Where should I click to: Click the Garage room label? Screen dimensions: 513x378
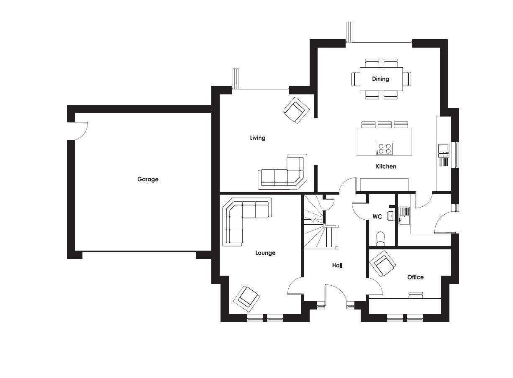(x=148, y=179)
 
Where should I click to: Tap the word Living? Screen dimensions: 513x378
(x=257, y=138)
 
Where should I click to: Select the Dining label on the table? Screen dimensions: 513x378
(x=380, y=79)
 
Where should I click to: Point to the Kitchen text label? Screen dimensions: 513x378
(x=386, y=166)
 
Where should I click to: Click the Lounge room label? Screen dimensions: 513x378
(x=265, y=253)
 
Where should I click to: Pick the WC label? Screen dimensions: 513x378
(x=377, y=217)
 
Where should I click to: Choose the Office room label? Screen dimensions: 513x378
(x=416, y=277)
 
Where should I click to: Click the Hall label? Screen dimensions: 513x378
(x=337, y=265)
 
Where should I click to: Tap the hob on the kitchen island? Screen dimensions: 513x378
(x=384, y=149)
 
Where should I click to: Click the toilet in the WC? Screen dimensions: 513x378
(x=380, y=239)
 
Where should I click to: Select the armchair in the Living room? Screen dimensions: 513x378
(x=296, y=110)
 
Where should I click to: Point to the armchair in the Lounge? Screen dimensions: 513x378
(x=246, y=299)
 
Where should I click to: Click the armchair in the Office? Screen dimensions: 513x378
(x=382, y=264)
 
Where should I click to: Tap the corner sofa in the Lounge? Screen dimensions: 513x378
(x=246, y=222)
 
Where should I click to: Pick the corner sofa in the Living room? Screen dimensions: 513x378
(x=282, y=172)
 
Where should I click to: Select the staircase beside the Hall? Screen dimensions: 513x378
(x=321, y=222)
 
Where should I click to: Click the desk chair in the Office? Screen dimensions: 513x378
(x=416, y=295)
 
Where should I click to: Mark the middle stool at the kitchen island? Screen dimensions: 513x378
(x=385, y=125)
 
